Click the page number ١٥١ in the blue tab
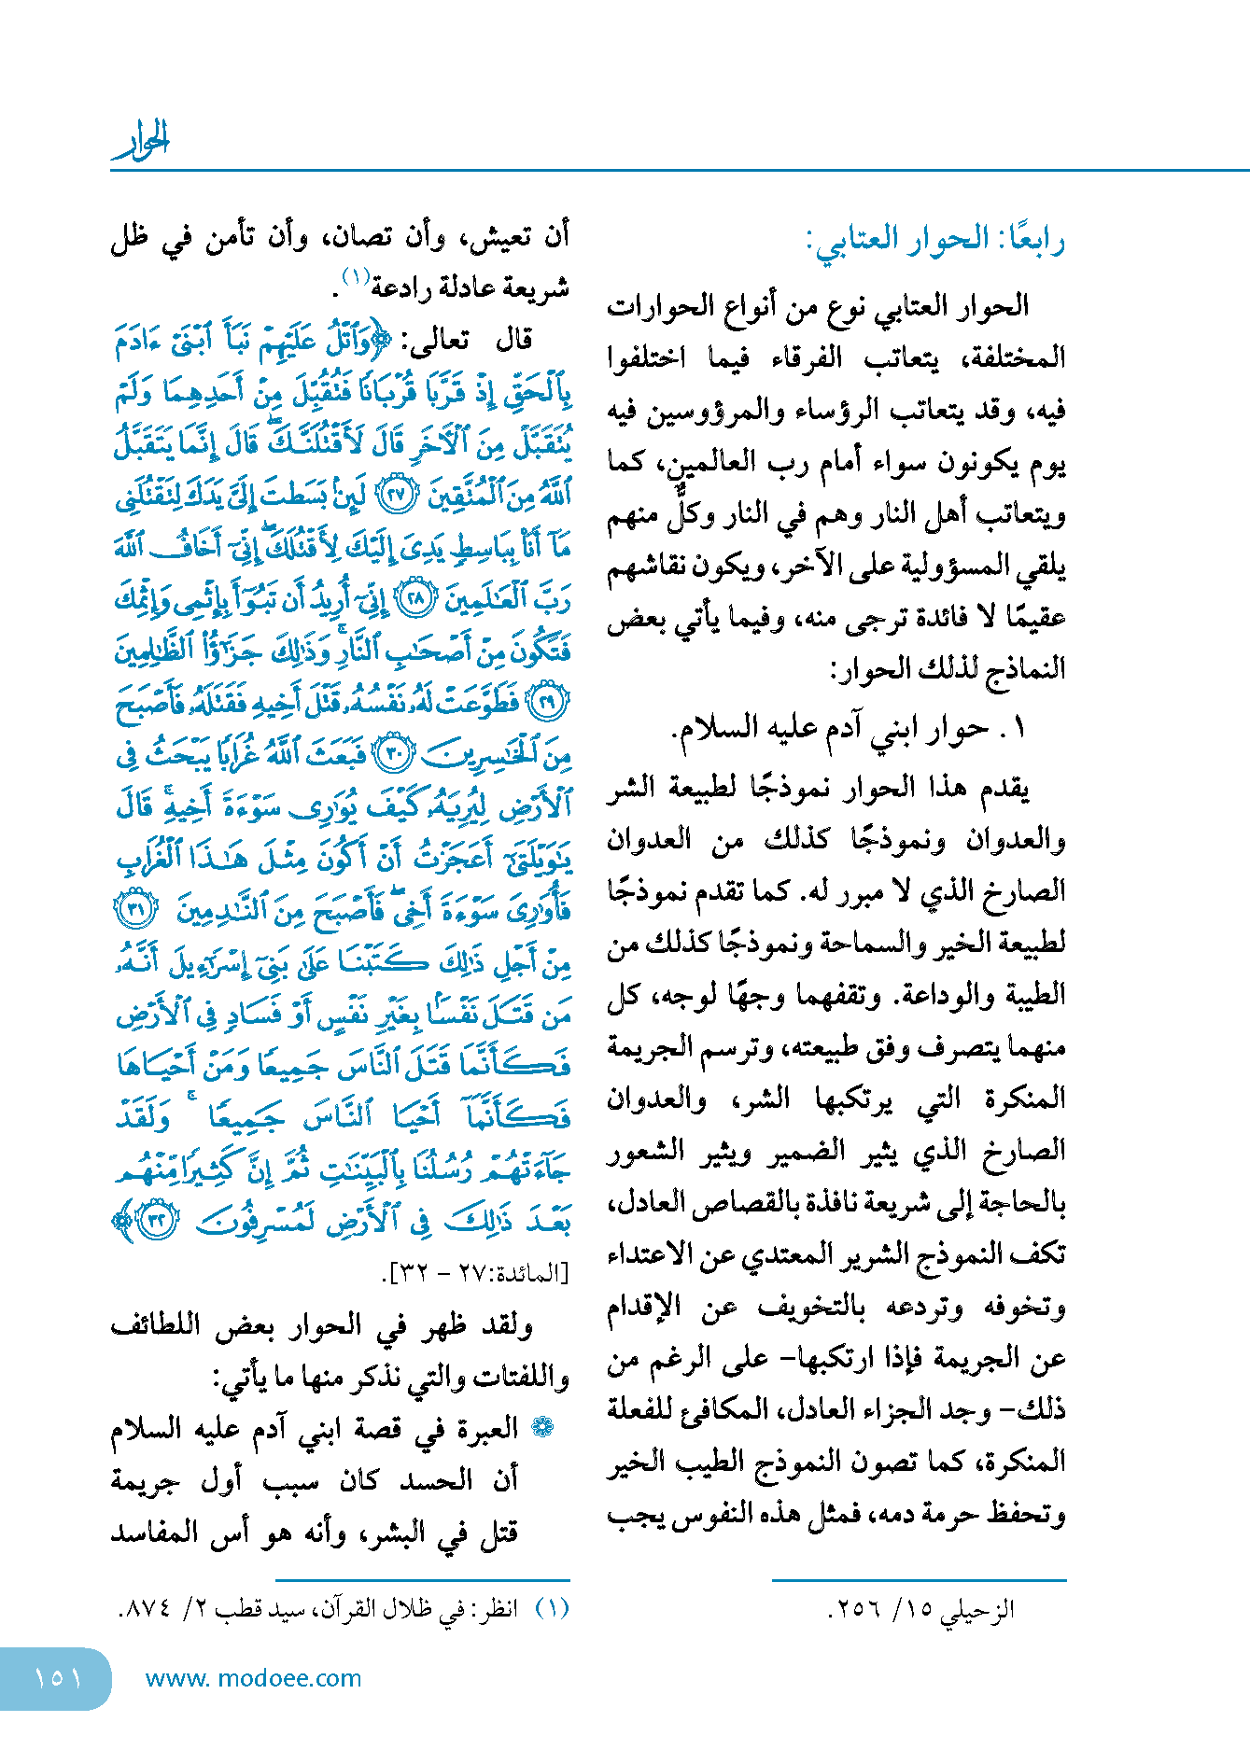pos(57,1677)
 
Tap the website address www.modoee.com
pos(253,1677)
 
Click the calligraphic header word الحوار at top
pos(142,142)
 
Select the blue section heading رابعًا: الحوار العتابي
pos(934,241)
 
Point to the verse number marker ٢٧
pos(396,496)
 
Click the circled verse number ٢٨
pos(415,598)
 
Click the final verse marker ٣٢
pos(156,1220)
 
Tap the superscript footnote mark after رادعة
pos(355,276)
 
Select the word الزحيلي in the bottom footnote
pos(977,1608)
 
